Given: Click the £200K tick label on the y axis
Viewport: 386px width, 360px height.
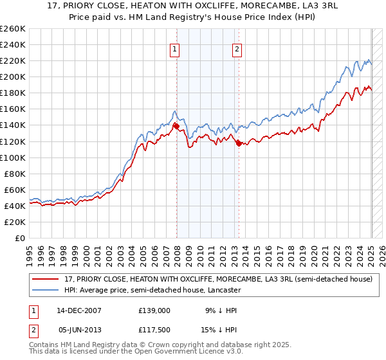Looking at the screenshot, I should [12, 76].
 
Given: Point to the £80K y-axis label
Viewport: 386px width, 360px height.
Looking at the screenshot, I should [14, 174].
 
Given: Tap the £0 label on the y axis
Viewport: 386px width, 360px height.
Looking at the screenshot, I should [20, 238].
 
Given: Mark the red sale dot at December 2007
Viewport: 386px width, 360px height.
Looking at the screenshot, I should [176, 126].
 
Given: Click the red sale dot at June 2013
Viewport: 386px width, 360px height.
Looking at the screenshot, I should [239, 143].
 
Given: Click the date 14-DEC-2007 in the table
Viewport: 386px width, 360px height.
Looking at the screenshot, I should [78, 310].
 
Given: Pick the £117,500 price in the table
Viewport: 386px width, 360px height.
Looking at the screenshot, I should [154, 329].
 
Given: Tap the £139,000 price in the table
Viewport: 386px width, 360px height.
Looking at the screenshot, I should [154, 310].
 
